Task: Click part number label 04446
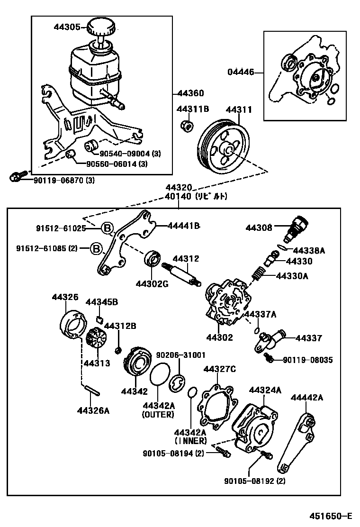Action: [241, 73]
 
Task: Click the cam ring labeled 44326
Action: [73, 325]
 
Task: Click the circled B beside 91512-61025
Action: [108, 228]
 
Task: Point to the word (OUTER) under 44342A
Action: [158, 415]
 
